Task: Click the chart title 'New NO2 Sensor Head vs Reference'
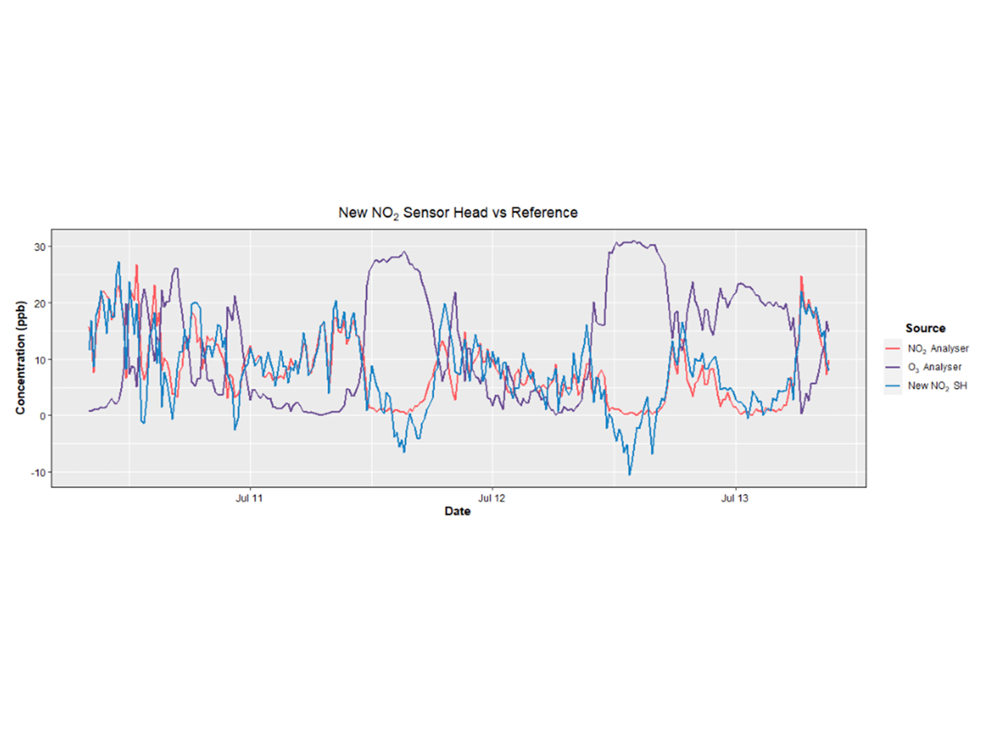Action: click(458, 212)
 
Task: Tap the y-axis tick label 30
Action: click(40, 247)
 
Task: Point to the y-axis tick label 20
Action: click(40, 304)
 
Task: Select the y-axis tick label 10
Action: click(40, 360)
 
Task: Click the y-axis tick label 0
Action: click(43, 416)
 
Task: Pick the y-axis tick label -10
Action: click(38, 472)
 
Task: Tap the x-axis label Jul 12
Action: click(492, 498)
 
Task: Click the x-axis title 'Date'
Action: click(458, 511)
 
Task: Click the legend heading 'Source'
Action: click(925, 328)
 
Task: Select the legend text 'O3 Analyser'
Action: click(935, 367)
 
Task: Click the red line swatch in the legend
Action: click(893, 348)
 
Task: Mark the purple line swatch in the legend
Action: click(893, 367)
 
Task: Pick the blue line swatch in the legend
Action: click(893, 385)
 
